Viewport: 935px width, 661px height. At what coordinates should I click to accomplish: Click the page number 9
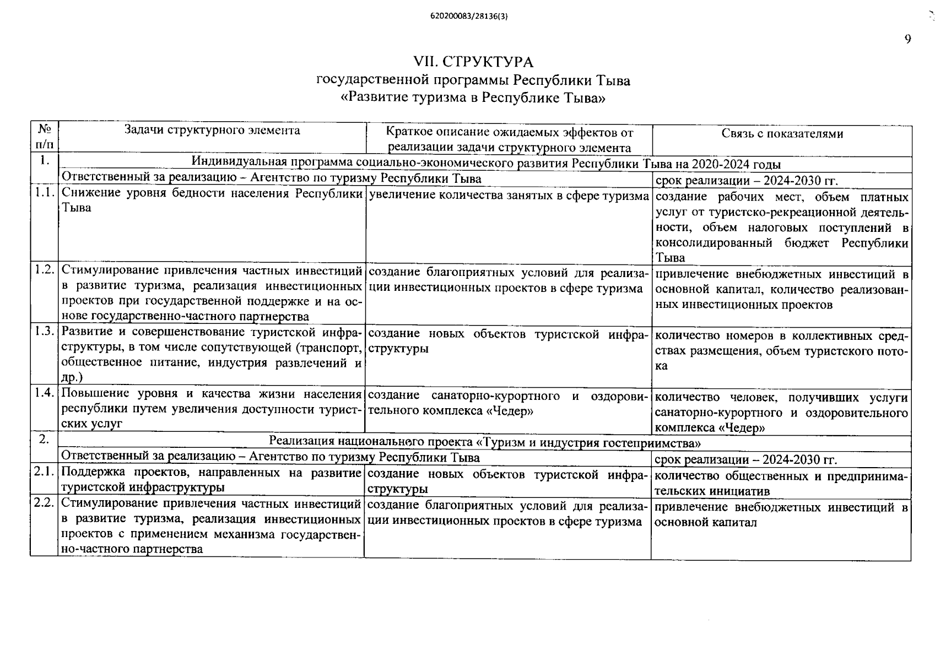(x=907, y=39)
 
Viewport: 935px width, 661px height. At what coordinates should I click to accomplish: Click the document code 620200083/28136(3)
(x=469, y=17)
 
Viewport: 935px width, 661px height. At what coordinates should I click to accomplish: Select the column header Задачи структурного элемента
(x=212, y=131)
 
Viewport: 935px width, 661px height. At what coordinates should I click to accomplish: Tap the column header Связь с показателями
(x=782, y=134)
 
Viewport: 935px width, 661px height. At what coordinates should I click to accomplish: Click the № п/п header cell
(x=45, y=137)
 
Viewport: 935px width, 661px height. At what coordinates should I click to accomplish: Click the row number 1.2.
(x=44, y=270)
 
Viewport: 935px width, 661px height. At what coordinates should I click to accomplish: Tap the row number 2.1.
(x=44, y=472)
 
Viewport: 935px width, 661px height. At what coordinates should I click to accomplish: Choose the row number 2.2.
(x=44, y=503)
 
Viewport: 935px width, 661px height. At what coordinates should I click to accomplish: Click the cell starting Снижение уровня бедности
(x=212, y=201)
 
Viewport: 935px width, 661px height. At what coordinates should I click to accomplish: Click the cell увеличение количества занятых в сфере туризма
(x=508, y=196)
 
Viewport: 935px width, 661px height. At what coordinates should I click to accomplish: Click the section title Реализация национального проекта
(x=485, y=442)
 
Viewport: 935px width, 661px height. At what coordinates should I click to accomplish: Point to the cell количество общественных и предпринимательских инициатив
(x=781, y=483)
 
